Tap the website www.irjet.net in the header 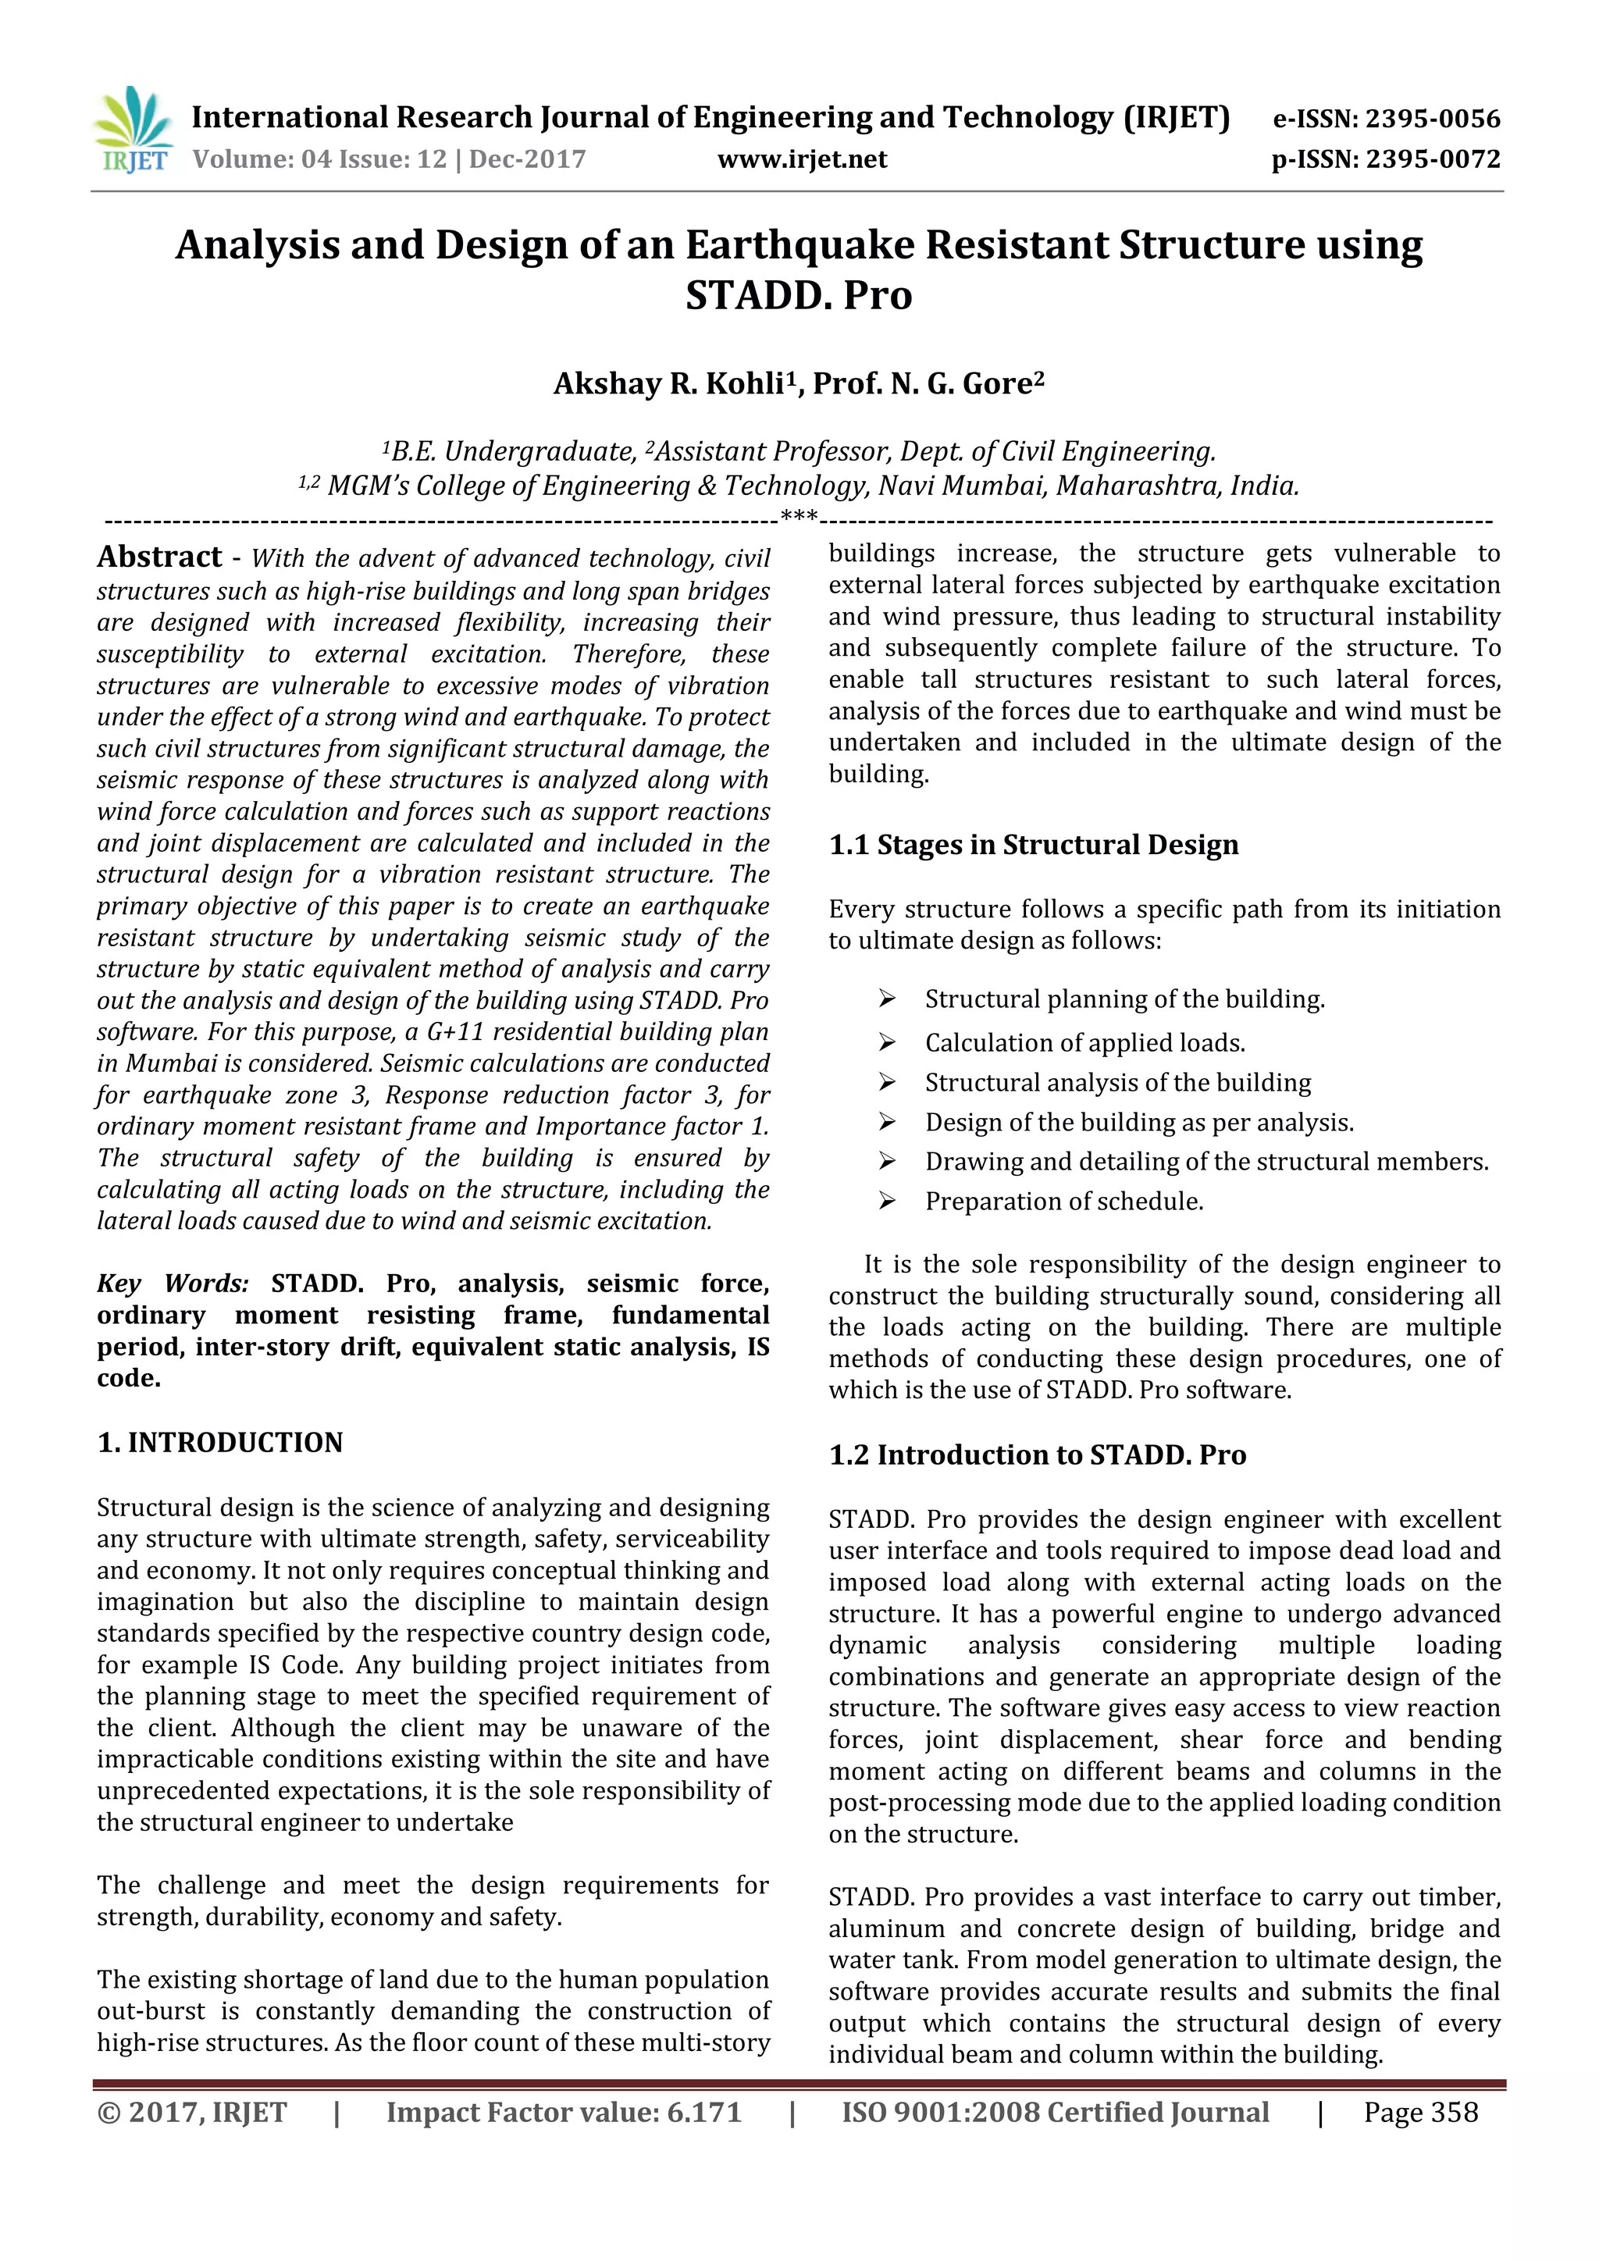pos(802,159)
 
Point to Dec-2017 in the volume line pos(527,159)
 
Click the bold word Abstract pos(159,557)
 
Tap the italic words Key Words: pos(173,1284)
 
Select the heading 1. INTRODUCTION pos(219,1443)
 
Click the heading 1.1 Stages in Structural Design pos(1033,845)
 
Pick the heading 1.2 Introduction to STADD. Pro pos(1037,1455)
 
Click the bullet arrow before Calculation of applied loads pos(886,1041)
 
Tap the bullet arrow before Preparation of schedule pos(886,1201)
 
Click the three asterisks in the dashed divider pos(799,516)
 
